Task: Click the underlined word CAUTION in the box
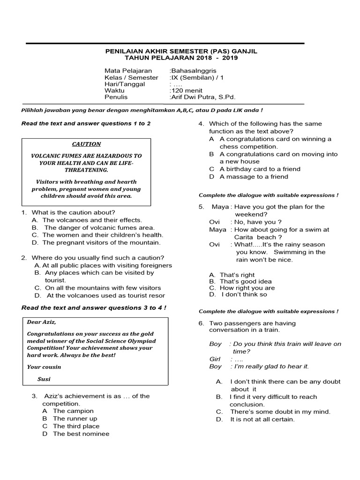pyautogui.click(x=86, y=144)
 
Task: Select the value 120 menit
pyautogui.click(x=186, y=90)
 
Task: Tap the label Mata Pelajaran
pyautogui.click(x=121, y=71)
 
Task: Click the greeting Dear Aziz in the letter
pyautogui.click(x=42, y=322)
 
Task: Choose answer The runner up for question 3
pyautogui.click(x=75, y=418)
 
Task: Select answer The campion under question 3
pyautogui.click(x=73, y=411)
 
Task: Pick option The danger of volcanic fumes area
pyautogui.click(x=99, y=227)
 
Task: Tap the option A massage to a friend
pyautogui.click(x=254, y=176)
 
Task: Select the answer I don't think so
pyautogui.click(x=244, y=294)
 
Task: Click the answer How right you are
pyautogui.click(x=247, y=288)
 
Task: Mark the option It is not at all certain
pyautogui.click(x=262, y=419)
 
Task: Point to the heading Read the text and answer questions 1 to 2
pyautogui.click(x=86, y=123)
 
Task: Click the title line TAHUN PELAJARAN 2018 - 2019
pyautogui.click(x=181, y=58)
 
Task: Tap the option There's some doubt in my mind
pyautogui.click(x=280, y=412)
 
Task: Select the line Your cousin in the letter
pyautogui.click(x=44, y=367)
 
